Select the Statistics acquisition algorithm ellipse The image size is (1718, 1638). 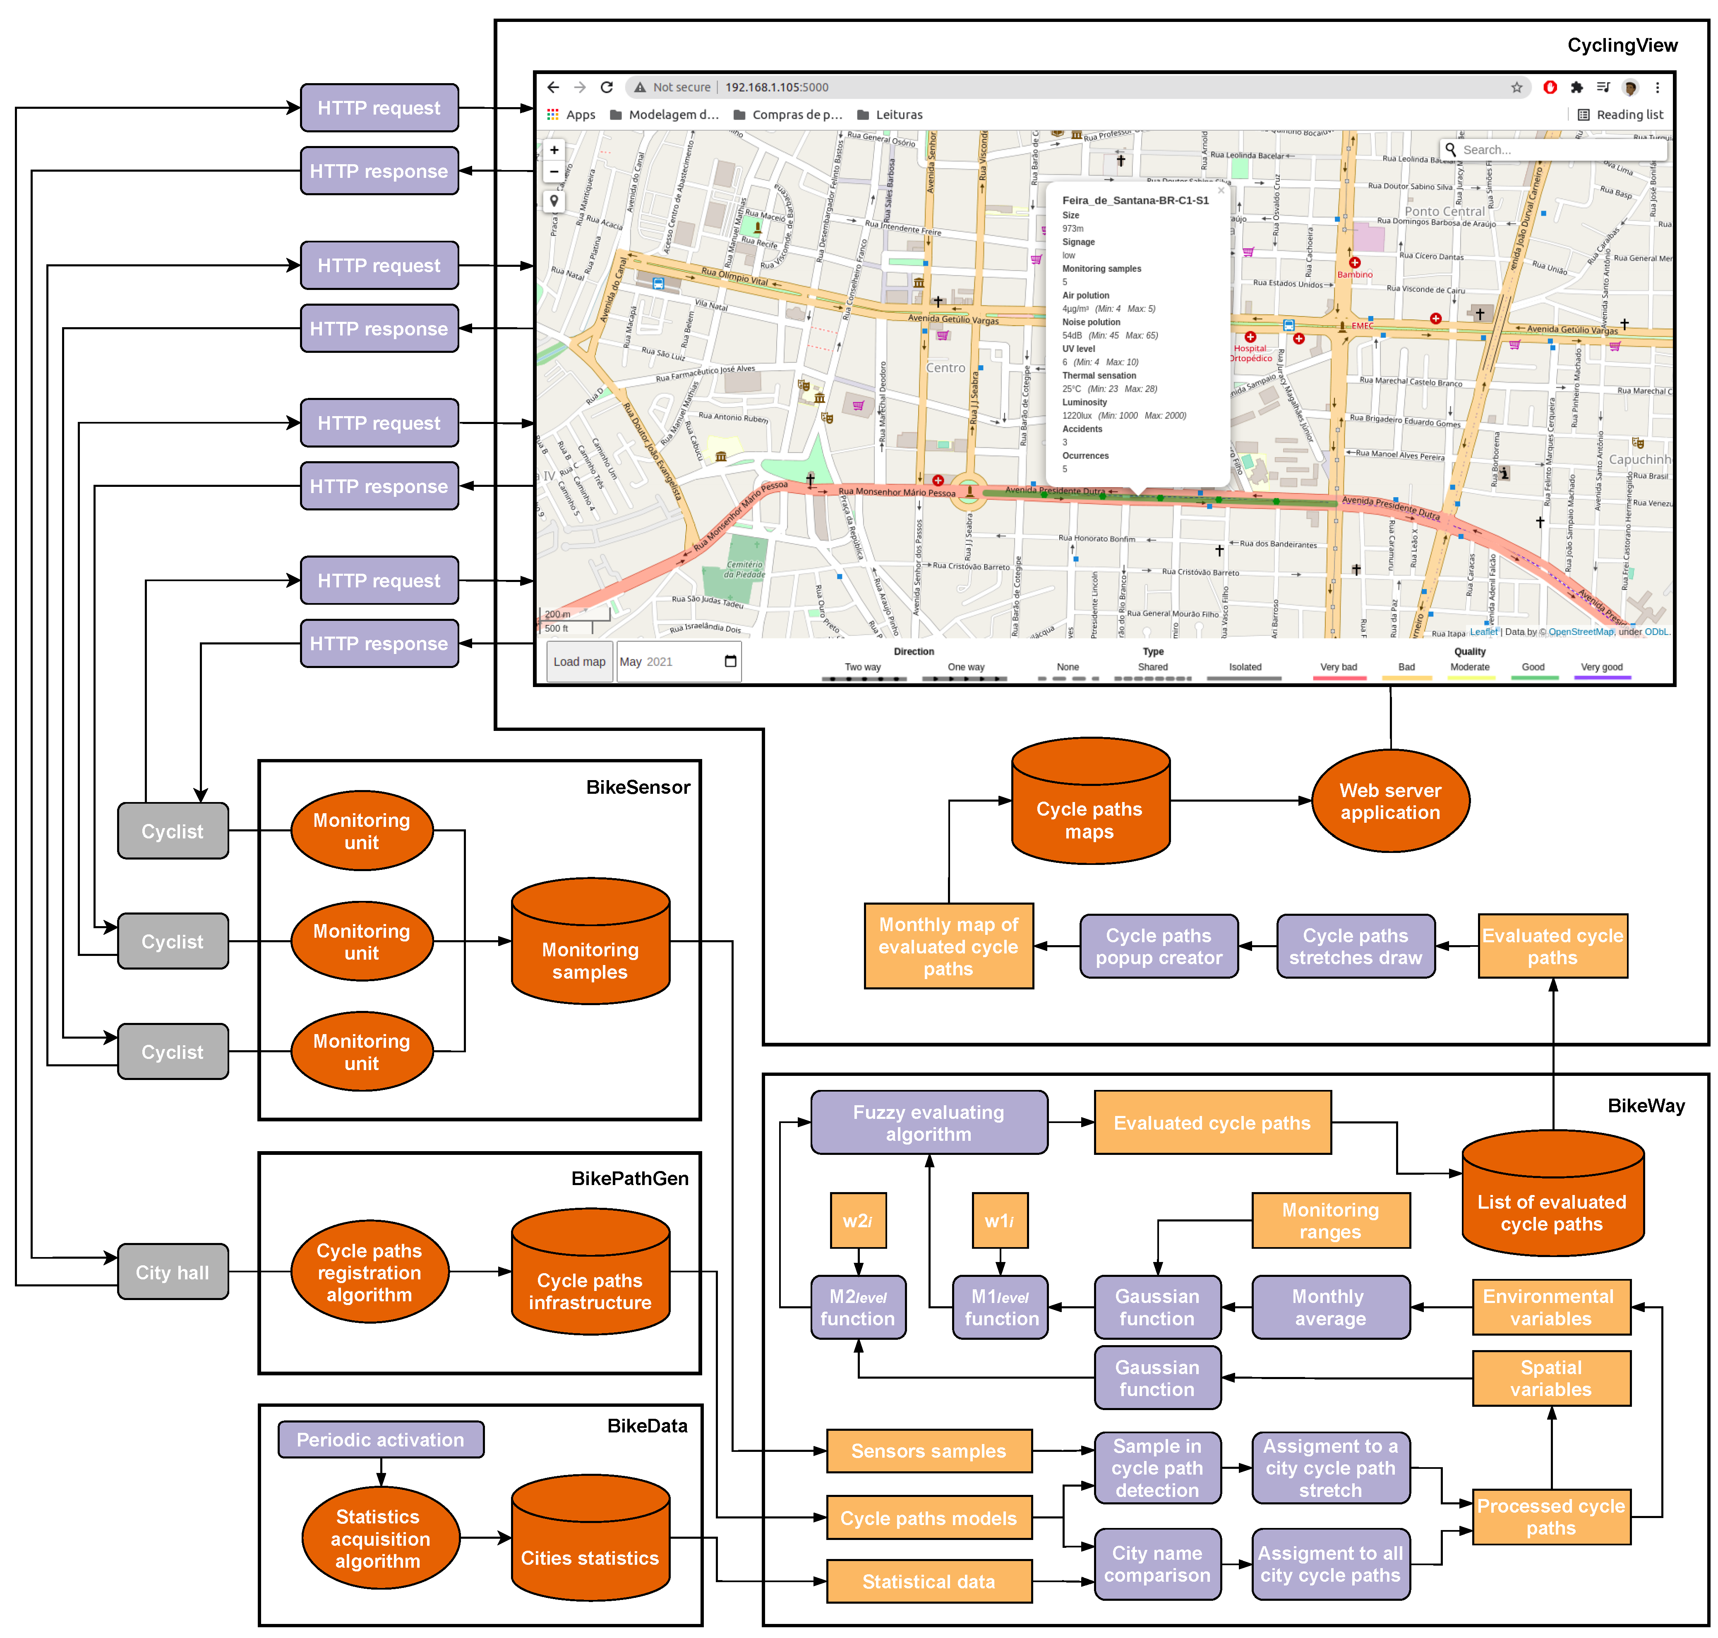pyautogui.click(x=379, y=1538)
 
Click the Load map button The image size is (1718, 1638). pyautogui.click(x=579, y=662)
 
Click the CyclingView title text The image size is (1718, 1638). pyautogui.click(x=1622, y=45)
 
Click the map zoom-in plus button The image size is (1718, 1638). pyautogui.click(x=554, y=150)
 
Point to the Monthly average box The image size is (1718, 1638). pyautogui.click(x=1330, y=1307)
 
